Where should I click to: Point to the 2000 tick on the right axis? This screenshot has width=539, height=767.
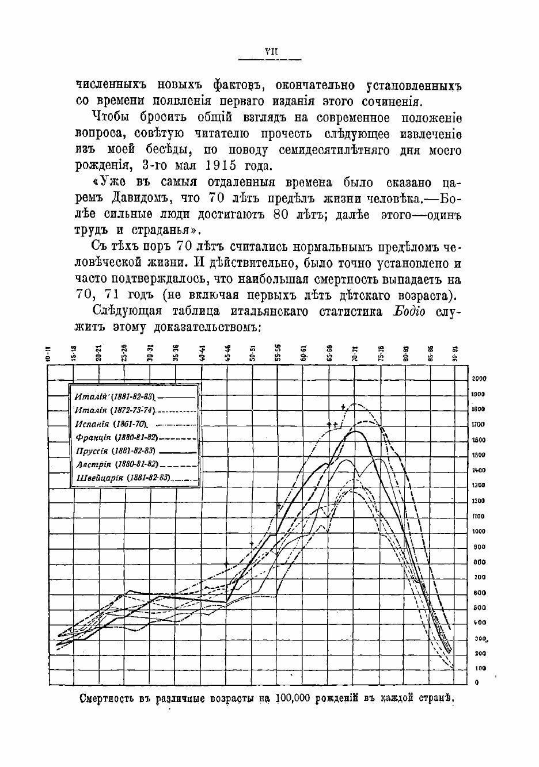(x=479, y=379)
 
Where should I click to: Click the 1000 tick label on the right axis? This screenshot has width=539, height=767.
(x=479, y=532)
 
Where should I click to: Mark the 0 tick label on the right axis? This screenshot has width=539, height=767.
(x=476, y=683)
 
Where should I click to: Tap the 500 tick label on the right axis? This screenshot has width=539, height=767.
(x=479, y=608)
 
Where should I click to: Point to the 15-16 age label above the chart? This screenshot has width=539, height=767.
(x=74, y=353)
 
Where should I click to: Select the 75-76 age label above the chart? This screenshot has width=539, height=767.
(x=381, y=353)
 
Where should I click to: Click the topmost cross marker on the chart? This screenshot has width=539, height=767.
(x=343, y=407)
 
